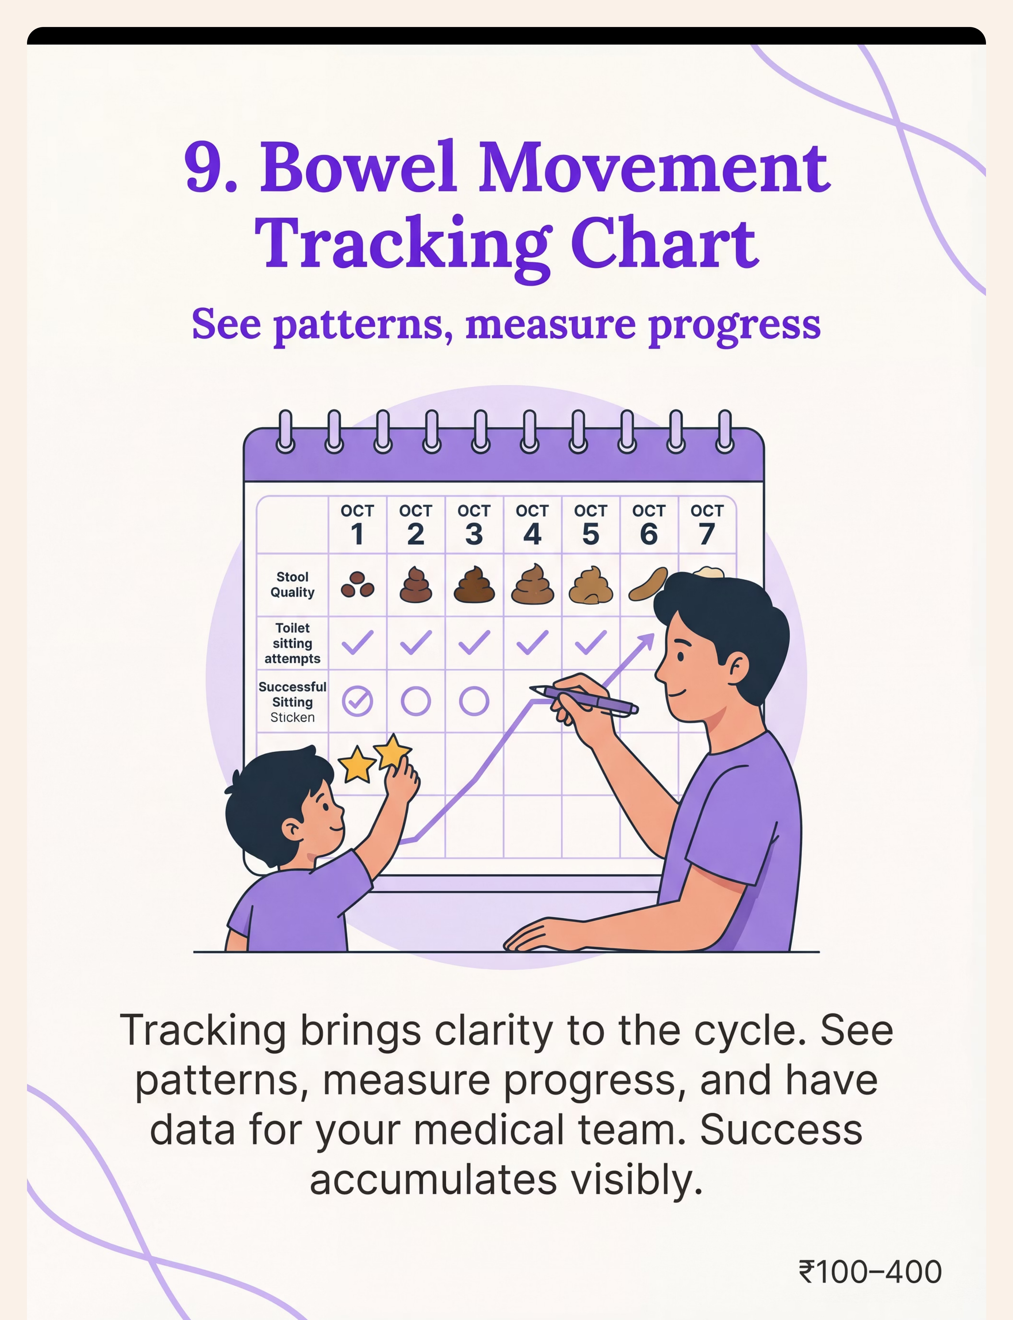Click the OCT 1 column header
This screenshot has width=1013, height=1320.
tap(357, 524)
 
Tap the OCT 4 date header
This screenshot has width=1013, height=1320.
tap(532, 524)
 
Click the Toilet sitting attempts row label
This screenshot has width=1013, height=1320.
tap(293, 643)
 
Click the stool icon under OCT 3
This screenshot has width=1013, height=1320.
tap(474, 585)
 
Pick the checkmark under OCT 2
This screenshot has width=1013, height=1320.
tap(416, 642)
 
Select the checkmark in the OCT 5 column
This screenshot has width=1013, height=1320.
tap(591, 642)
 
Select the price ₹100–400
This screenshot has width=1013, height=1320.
tap(870, 1272)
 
